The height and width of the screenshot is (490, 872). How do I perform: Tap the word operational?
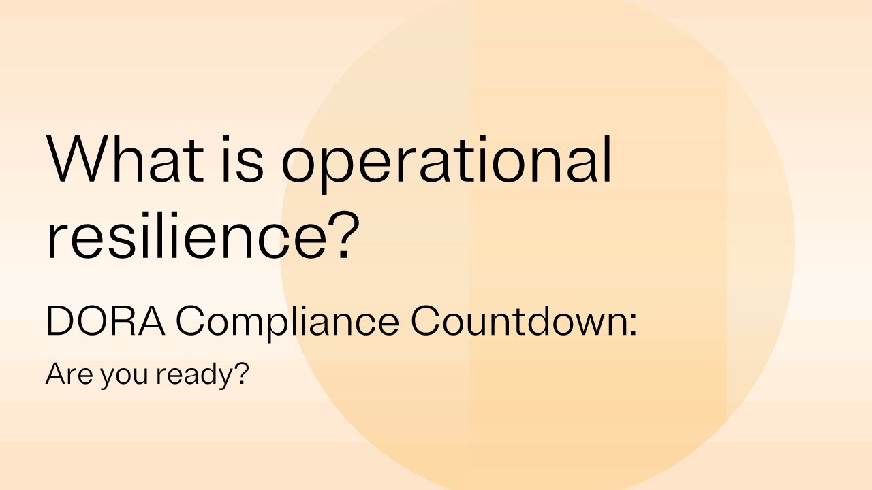[x=446, y=163]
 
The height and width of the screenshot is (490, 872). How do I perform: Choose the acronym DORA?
[x=106, y=321]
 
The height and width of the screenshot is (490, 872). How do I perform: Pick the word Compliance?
[x=287, y=323]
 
